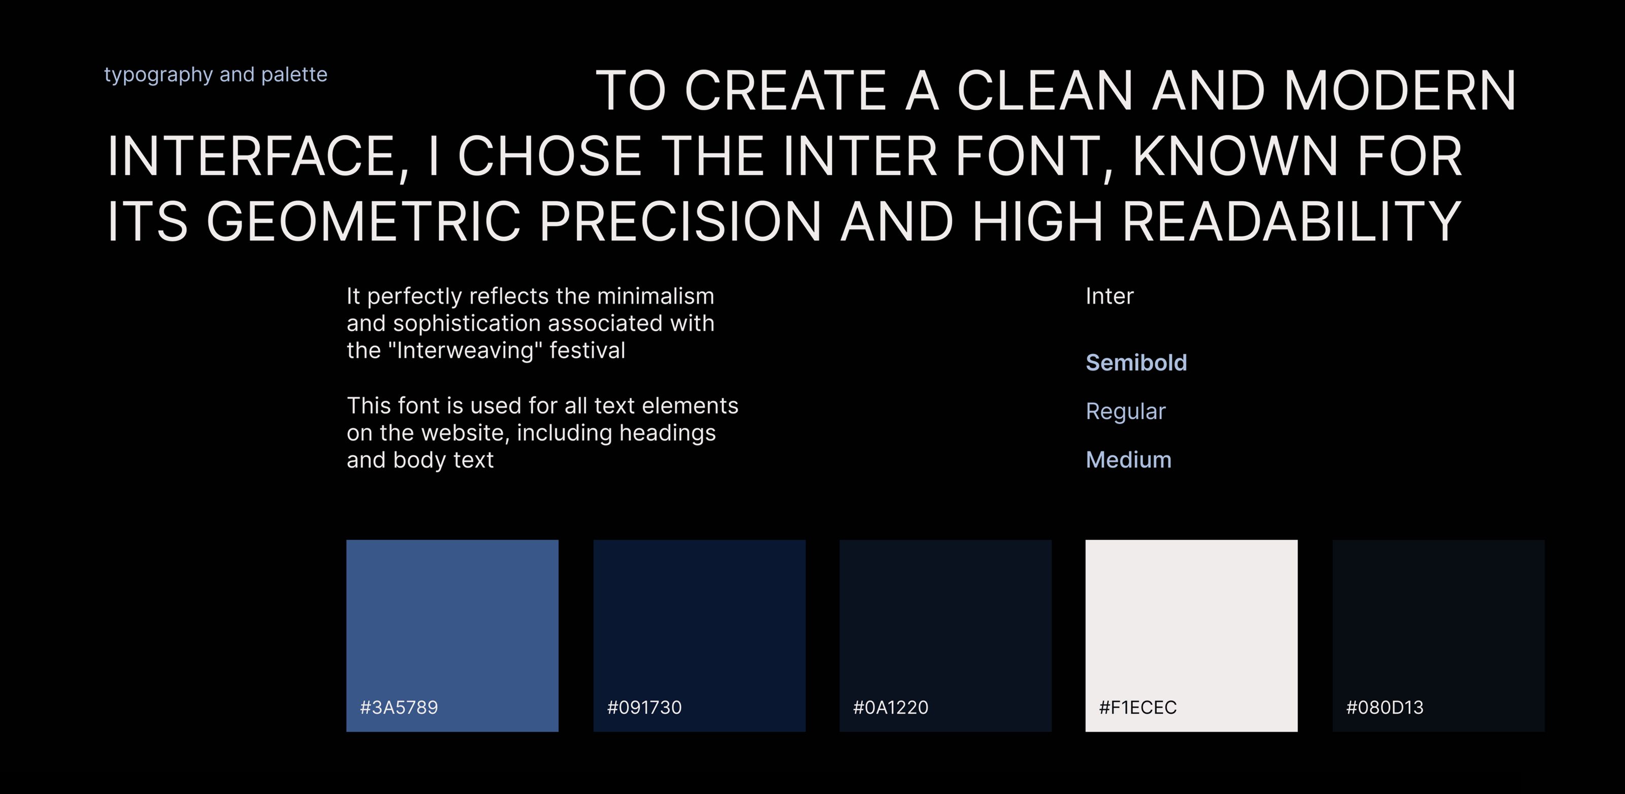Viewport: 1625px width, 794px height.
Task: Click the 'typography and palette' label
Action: pyautogui.click(x=216, y=75)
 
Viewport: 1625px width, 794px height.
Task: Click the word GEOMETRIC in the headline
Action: pyautogui.click(x=364, y=221)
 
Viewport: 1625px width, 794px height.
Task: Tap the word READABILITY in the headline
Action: pyautogui.click(x=1291, y=221)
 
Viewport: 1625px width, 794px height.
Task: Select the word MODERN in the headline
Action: pyautogui.click(x=1400, y=90)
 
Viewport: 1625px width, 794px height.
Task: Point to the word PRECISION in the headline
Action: pyautogui.click(x=680, y=221)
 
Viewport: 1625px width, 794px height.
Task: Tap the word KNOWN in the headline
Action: pyautogui.click(x=1235, y=156)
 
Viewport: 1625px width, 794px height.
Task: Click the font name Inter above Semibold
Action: pyautogui.click(x=1109, y=296)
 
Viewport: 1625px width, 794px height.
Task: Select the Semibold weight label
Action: pyautogui.click(x=1136, y=363)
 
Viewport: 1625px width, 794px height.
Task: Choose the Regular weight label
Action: pyautogui.click(x=1125, y=411)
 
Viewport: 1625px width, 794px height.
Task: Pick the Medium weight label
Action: pyautogui.click(x=1128, y=460)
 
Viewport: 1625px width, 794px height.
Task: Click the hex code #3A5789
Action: pyautogui.click(x=399, y=708)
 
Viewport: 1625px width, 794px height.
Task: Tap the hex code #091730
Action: pyautogui.click(x=644, y=708)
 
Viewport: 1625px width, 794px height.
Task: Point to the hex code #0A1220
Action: pyautogui.click(x=890, y=708)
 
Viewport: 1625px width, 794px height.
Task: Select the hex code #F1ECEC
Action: pyautogui.click(x=1137, y=708)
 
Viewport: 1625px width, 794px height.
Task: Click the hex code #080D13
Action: pyautogui.click(x=1385, y=708)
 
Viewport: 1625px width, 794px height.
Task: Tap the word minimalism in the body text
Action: pyautogui.click(x=656, y=296)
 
